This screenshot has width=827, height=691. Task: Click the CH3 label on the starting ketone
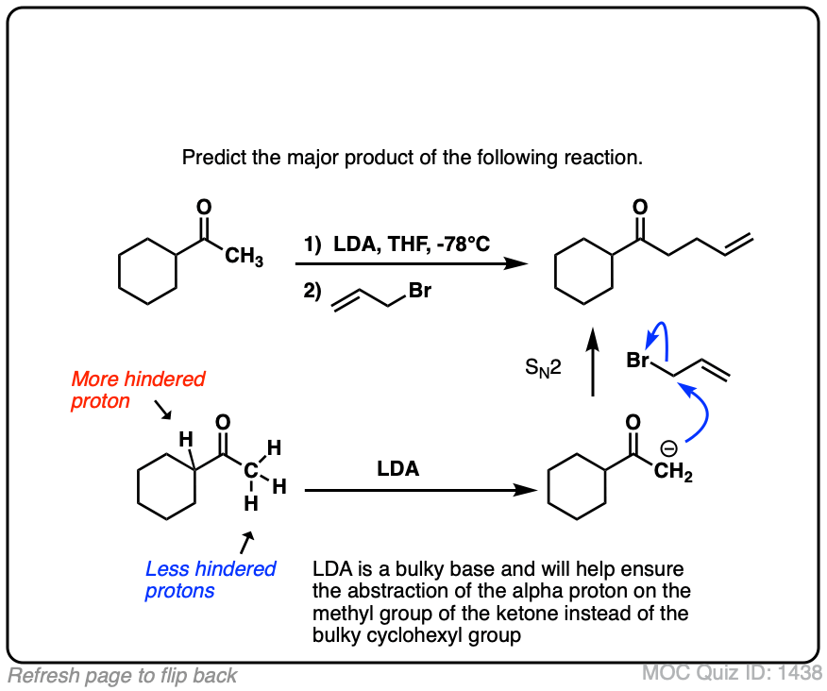(245, 258)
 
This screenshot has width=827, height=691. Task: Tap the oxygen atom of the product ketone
(640, 206)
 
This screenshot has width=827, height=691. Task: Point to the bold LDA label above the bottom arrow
(398, 469)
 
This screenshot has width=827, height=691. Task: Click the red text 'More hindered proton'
(137, 391)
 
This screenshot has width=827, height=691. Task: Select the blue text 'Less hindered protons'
(211, 580)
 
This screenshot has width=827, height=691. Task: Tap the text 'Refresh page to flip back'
(123, 675)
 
